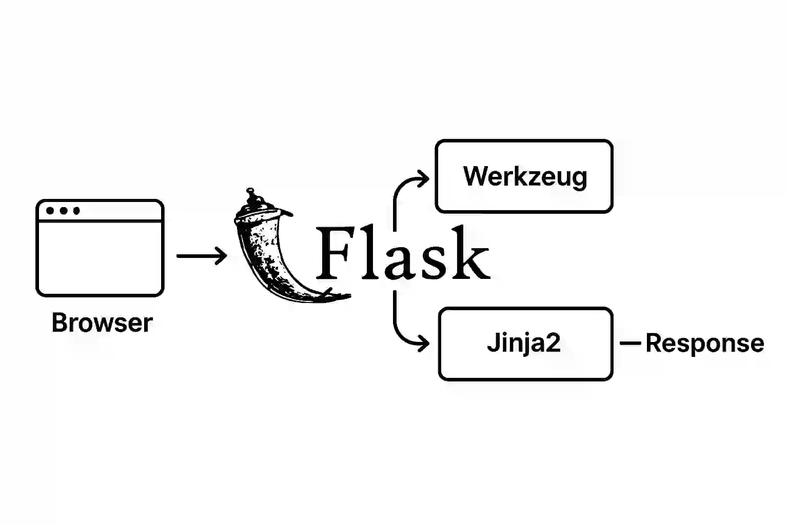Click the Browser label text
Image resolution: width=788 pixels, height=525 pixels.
(102, 323)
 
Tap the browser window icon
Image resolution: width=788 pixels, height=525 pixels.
(100, 248)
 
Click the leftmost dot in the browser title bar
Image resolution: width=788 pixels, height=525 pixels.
(50, 211)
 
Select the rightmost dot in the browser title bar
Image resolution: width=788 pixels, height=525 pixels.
(76, 211)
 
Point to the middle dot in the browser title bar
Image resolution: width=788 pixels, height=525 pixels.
(64, 211)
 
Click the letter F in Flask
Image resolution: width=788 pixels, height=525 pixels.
(333, 254)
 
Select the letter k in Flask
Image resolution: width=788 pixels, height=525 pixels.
(468, 254)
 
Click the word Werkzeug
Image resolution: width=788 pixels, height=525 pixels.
(525, 176)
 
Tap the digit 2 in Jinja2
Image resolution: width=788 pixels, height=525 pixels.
(553, 342)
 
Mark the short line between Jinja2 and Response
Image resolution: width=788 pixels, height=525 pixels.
(631, 343)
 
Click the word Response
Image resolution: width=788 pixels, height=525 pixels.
(704, 344)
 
